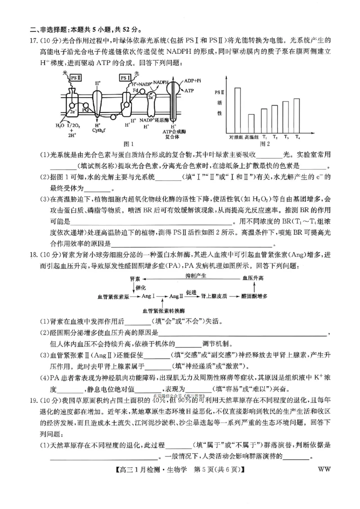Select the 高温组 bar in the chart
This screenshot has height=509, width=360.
tap(252, 123)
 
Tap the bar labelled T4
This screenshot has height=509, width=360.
tap(297, 115)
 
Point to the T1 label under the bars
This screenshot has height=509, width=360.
tap(264, 137)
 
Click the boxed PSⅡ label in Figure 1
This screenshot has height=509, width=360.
tap(76, 77)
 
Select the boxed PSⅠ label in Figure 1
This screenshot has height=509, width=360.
tap(126, 77)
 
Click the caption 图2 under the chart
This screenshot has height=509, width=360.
tap(265, 144)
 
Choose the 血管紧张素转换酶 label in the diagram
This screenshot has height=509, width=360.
tap(163, 311)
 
